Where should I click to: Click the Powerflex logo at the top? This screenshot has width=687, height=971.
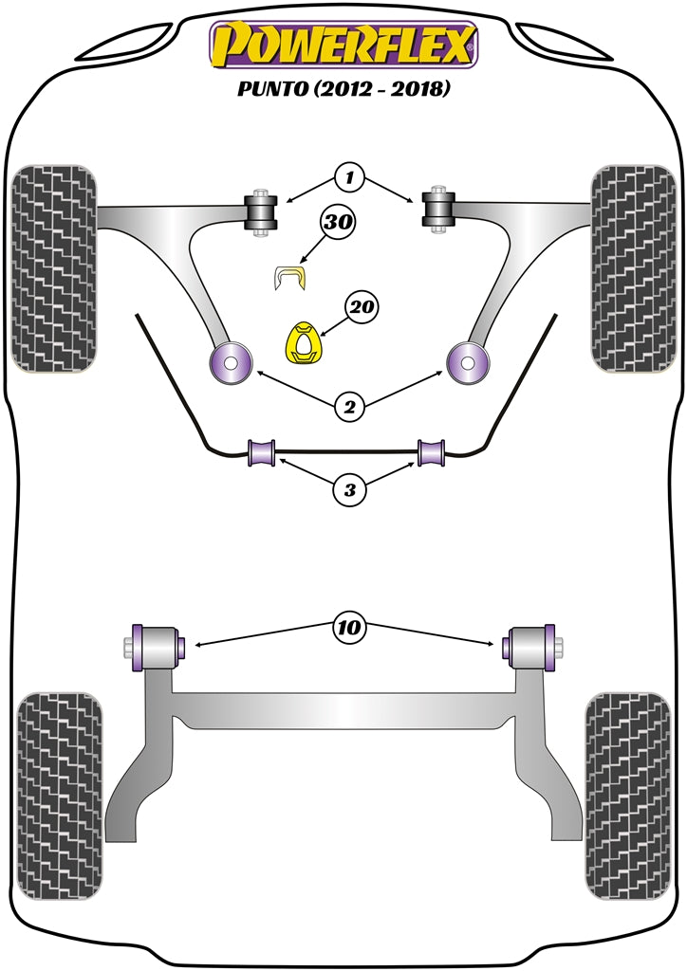343,46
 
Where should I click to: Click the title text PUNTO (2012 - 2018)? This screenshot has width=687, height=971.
343,91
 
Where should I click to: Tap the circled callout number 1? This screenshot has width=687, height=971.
349,176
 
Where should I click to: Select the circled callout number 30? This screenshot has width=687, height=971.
337,224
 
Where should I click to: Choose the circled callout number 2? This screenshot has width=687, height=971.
349,408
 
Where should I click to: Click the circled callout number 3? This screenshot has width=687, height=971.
349,489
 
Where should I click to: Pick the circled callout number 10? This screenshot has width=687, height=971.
348,627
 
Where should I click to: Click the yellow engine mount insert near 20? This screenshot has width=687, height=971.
303,344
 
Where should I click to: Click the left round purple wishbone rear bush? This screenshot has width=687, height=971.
231,360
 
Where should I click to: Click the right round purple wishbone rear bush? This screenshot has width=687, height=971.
467,360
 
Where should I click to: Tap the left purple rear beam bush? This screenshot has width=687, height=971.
158,647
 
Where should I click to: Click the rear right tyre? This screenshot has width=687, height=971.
629,795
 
